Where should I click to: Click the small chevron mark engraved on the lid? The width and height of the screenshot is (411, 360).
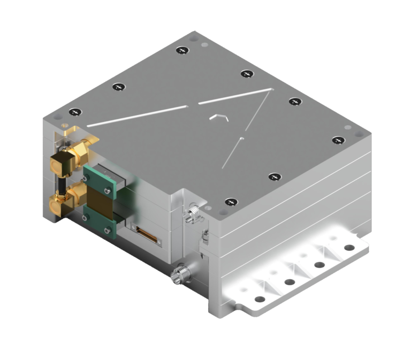pyautogui.click(x=219, y=116)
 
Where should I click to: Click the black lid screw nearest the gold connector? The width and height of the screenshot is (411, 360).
pyautogui.click(x=75, y=112)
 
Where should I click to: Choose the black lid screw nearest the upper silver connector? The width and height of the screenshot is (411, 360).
pyautogui.click(x=231, y=202)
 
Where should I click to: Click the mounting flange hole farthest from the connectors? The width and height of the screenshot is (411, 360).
pyautogui.click(x=349, y=248)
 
